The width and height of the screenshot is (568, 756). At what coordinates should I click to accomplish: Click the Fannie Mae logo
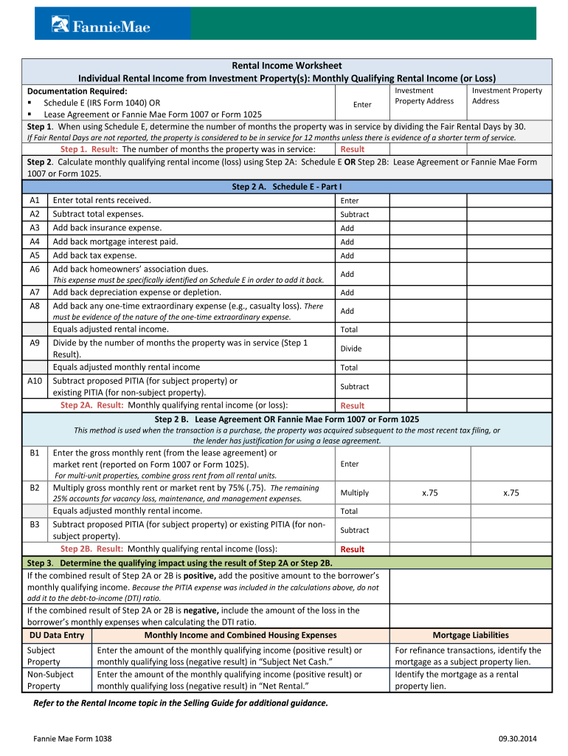tap(101, 26)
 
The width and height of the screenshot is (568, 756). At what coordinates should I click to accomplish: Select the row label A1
tap(35, 200)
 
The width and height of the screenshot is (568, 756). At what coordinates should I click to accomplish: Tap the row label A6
tap(35, 269)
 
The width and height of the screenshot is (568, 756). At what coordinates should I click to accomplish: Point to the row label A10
tap(35, 381)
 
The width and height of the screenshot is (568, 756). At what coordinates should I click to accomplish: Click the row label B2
tap(35, 488)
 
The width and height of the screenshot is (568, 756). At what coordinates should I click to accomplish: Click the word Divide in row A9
tap(351, 348)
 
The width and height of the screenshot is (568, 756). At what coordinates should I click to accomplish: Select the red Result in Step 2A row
tap(353, 405)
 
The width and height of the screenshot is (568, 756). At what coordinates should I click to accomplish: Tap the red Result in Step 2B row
tap(353, 549)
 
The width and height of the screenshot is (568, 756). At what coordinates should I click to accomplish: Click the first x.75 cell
tap(429, 492)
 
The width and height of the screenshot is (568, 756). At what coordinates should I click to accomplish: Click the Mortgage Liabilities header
tap(471, 635)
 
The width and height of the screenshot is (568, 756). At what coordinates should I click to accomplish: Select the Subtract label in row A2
tap(355, 215)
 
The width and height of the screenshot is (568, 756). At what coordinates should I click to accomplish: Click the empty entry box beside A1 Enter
tap(429, 200)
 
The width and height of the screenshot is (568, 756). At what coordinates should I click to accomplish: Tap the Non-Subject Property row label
tap(50, 680)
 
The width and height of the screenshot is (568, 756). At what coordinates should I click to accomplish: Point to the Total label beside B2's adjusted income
tap(350, 511)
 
